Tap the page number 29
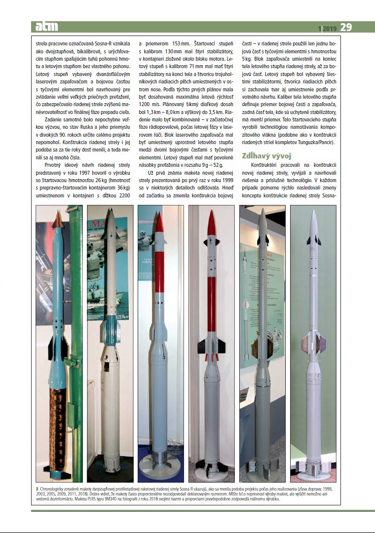click(346, 27)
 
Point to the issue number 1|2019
click(327, 28)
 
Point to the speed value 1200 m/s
click(150, 106)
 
